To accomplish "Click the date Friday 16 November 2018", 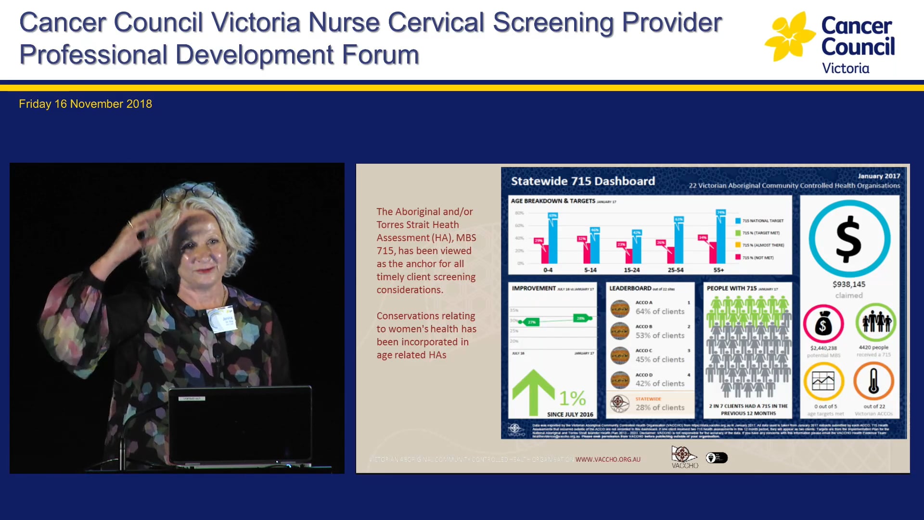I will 85,104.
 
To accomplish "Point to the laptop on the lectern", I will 240,424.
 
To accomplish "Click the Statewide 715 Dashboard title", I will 583,182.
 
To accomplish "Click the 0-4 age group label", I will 548,270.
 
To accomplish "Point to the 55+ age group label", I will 719,270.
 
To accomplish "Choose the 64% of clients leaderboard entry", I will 659,312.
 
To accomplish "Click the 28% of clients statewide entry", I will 659,407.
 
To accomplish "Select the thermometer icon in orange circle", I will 873,381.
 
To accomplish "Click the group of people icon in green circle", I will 876,322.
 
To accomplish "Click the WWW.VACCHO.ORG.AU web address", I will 608,459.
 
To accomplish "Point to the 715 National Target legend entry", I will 762,221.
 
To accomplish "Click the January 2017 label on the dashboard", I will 878,176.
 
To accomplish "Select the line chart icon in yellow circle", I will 823,381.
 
